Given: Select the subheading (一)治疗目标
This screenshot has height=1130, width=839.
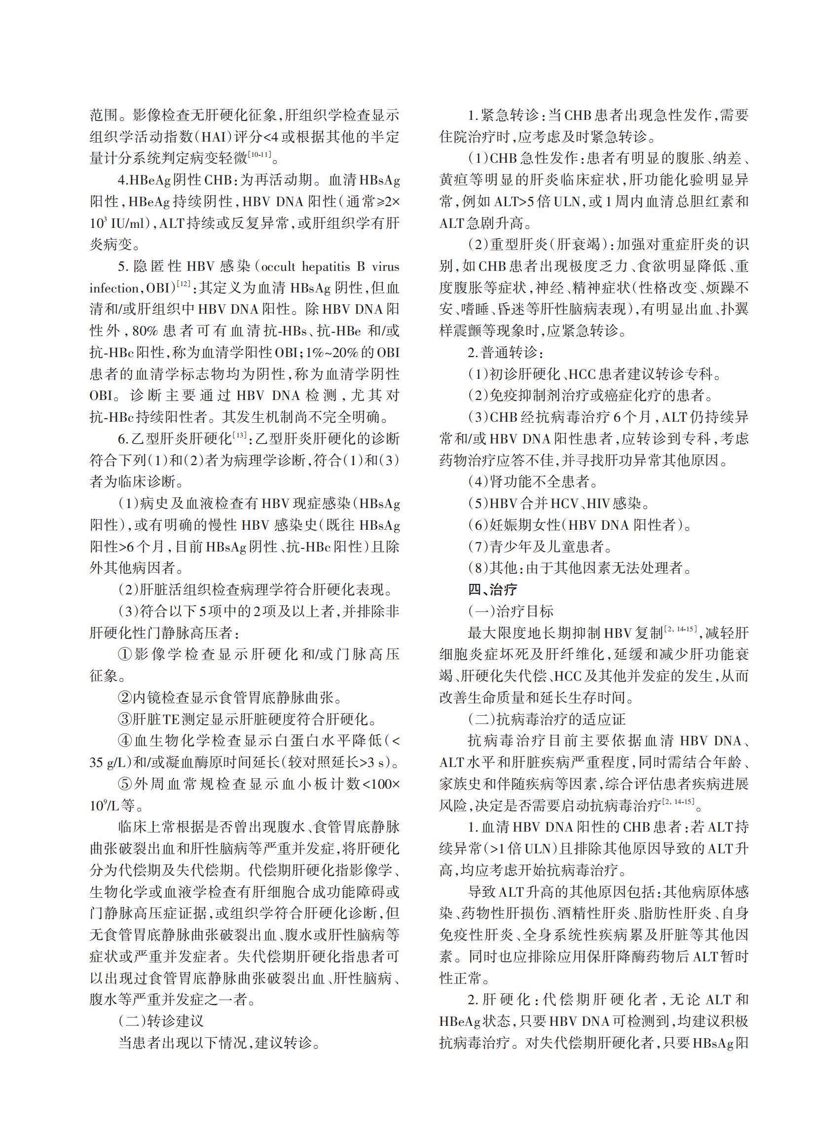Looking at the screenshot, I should (x=511, y=611).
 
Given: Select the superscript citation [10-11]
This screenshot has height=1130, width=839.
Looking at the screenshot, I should (x=259, y=154).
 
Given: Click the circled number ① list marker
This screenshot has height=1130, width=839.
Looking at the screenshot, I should (x=124, y=654).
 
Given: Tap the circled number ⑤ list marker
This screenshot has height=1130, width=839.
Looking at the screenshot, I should (x=124, y=784).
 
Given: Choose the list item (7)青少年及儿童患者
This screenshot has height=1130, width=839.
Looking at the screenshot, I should (x=541, y=547).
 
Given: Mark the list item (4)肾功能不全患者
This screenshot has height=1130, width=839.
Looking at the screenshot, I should (x=533, y=481).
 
